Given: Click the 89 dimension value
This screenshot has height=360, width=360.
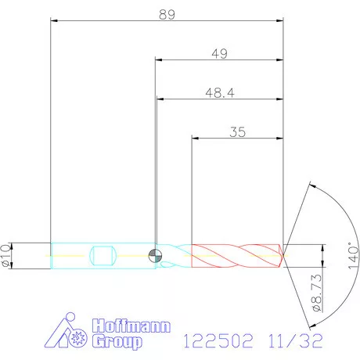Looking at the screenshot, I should (165, 13).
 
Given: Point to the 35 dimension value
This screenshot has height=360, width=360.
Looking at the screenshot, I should (238, 132).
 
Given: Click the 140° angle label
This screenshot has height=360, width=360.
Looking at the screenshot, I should (353, 255).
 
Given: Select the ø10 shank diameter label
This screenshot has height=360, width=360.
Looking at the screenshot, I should (7, 255).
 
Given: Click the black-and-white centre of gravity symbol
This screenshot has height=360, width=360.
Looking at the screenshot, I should (156, 254).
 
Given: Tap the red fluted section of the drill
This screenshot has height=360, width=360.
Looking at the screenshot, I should (235, 255).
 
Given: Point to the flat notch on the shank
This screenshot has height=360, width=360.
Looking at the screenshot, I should (104, 255).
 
